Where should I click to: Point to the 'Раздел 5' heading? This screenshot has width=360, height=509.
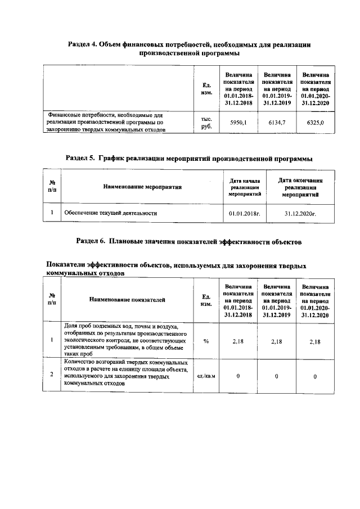pyautogui.click(x=189, y=159)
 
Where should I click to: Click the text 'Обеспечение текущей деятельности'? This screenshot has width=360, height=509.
pyautogui.click(x=110, y=214)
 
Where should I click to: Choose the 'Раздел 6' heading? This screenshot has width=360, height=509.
pyautogui.click(x=190, y=241)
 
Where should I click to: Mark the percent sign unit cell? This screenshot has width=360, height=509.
pyautogui.click(x=206, y=341)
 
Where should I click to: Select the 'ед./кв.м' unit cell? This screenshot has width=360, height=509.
pyautogui.click(x=206, y=376)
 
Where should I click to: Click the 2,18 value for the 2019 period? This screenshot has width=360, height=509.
pyautogui.click(x=276, y=341)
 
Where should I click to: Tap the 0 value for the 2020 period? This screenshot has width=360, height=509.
pyautogui.click(x=315, y=376)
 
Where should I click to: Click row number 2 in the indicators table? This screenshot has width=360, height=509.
pyautogui.click(x=52, y=375)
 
